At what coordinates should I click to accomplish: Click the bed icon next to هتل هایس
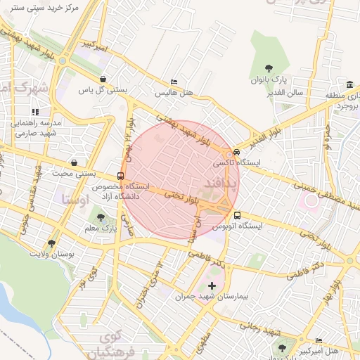click(174, 82)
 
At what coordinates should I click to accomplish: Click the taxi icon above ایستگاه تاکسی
click(236, 152)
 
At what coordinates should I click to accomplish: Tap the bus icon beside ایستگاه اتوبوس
click(237, 215)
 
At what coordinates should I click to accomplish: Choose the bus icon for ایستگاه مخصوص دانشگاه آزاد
click(120, 176)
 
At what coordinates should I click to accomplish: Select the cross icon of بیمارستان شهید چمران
click(212, 285)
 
